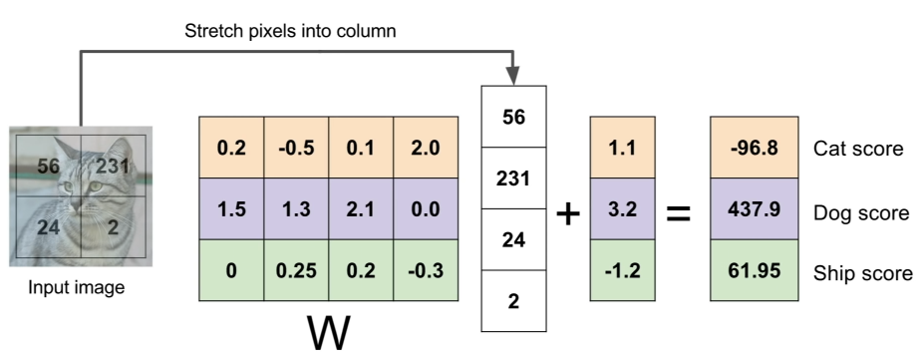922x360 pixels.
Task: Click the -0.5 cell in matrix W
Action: (296, 149)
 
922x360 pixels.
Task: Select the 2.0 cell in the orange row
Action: (426, 149)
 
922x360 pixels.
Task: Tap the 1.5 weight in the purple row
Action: (231, 210)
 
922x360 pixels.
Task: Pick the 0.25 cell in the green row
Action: (296, 271)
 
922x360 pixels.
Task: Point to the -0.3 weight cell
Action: (426, 271)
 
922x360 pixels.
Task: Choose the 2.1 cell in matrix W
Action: (361, 210)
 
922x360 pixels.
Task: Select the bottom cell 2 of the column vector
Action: (513, 299)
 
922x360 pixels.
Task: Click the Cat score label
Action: (858, 150)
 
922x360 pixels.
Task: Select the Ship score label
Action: (862, 272)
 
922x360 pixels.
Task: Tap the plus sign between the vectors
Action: (567, 213)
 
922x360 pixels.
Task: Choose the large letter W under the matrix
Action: (329, 333)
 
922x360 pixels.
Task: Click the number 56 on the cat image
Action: (49, 167)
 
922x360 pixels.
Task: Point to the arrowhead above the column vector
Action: (513, 76)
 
